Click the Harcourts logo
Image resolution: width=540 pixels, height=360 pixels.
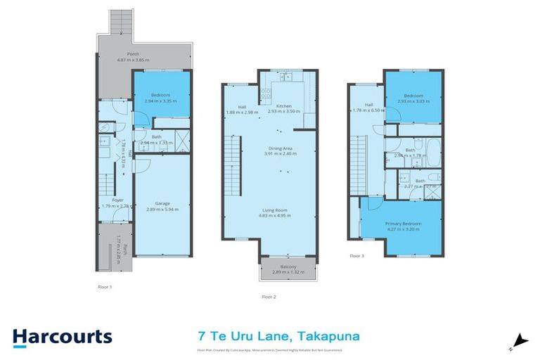click(x=63, y=336)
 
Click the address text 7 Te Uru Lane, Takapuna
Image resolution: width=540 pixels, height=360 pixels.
click(x=278, y=336)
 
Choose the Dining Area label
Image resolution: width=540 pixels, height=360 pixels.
click(x=280, y=148)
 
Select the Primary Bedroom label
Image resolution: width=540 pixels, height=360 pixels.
click(x=401, y=224)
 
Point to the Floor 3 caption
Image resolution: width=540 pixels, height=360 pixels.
click(x=358, y=256)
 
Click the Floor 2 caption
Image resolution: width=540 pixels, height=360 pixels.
click(x=269, y=297)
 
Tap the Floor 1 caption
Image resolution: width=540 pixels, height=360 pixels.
click(x=105, y=287)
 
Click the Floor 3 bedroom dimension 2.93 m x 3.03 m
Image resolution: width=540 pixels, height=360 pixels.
click(x=413, y=101)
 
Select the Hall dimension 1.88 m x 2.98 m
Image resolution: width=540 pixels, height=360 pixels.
click(x=242, y=112)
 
